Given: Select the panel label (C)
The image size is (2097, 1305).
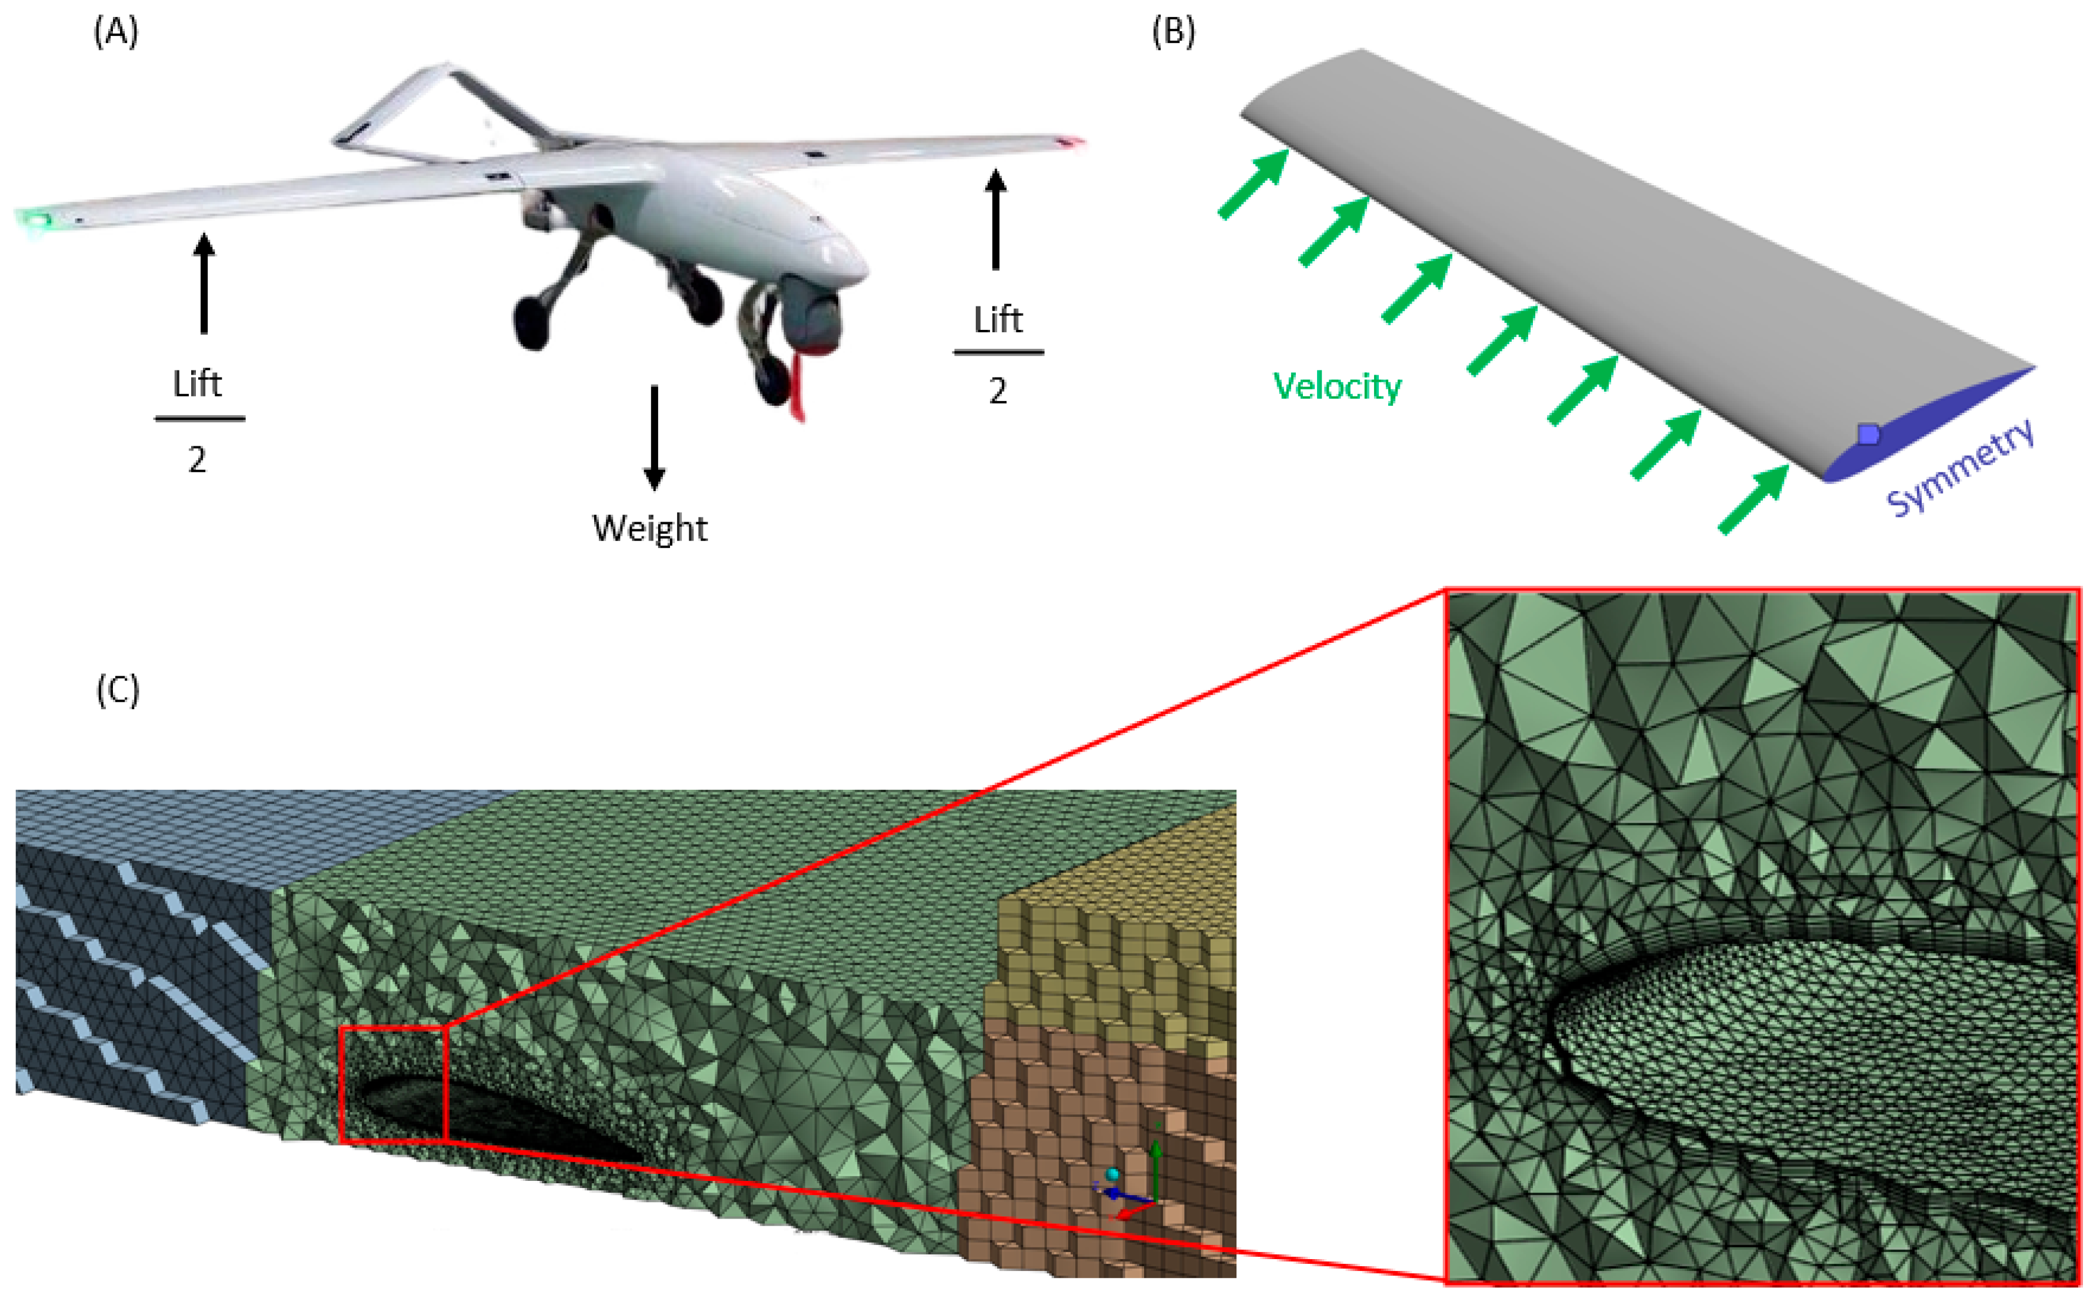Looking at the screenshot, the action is [118, 690].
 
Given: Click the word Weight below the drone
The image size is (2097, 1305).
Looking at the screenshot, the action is [649, 528].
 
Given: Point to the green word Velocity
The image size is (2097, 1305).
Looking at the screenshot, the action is [1336, 386].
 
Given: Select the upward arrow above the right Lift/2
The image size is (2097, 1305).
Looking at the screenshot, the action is [996, 219].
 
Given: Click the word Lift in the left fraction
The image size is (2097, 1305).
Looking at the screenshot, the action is [198, 383].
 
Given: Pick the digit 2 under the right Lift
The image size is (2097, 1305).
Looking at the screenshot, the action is [998, 392].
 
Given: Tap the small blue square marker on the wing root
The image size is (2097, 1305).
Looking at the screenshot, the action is [1868, 434].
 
